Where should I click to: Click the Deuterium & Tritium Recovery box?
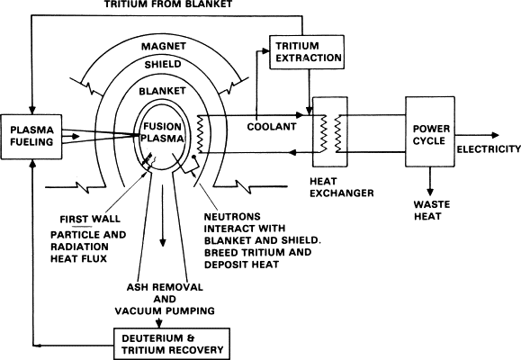click(169, 341)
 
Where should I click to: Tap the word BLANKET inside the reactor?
click(164, 92)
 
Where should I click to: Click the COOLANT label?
click(273, 128)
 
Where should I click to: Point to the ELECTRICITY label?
click(489, 148)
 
